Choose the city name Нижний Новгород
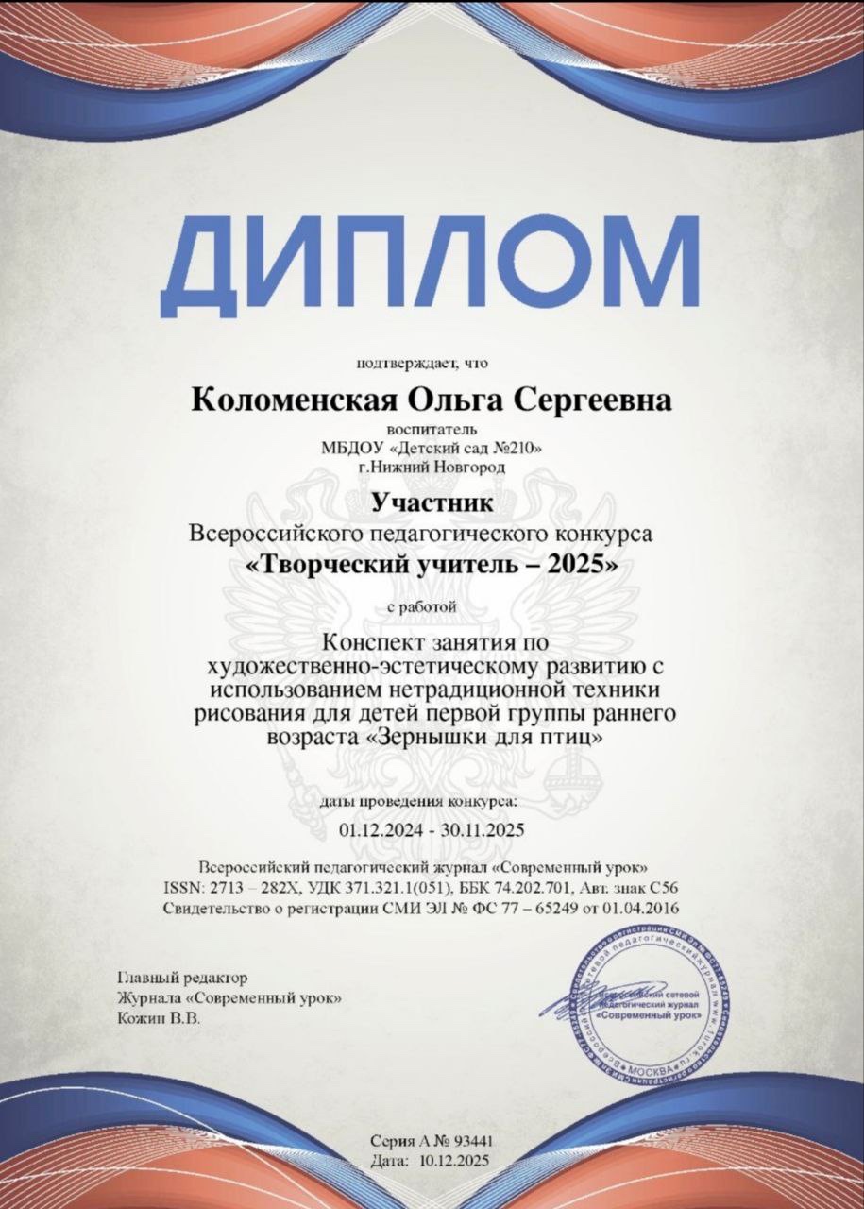click(x=439, y=466)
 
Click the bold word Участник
click(x=432, y=502)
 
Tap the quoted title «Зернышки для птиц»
click(x=483, y=737)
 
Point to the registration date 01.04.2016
click(x=643, y=908)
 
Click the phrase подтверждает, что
click(x=423, y=363)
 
